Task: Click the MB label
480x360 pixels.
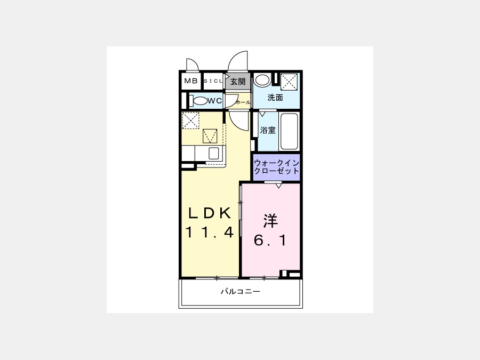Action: pyautogui.click(x=191, y=81)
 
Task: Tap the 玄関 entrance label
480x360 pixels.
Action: pyautogui.click(x=238, y=82)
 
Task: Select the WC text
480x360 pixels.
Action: pyautogui.click(x=214, y=101)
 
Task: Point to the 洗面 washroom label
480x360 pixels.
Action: pyautogui.click(x=275, y=98)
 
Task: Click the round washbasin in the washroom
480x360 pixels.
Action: pyautogui.click(x=262, y=81)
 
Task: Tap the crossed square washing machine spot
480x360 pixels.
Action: pyautogui.click(x=289, y=82)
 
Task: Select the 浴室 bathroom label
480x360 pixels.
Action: pyautogui.click(x=268, y=130)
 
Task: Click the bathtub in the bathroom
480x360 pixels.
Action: pyautogui.click(x=289, y=132)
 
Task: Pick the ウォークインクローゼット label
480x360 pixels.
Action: pyautogui.click(x=276, y=167)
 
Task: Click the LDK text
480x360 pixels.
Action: pyautogui.click(x=210, y=213)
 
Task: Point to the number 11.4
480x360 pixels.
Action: pyautogui.click(x=210, y=232)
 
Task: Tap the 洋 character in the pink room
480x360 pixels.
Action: pyautogui.click(x=270, y=221)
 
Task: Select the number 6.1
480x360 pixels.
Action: pyautogui.click(x=270, y=240)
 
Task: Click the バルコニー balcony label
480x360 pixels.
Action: pyautogui.click(x=241, y=291)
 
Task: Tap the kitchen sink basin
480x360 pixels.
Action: pyautogui.click(x=214, y=153)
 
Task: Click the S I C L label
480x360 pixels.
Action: pyautogui.click(x=213, y=81)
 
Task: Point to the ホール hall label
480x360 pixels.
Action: pyautogui.click(x=243, y=102)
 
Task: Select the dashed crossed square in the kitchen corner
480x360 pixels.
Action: pyautogui.click(x=191, y=121)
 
